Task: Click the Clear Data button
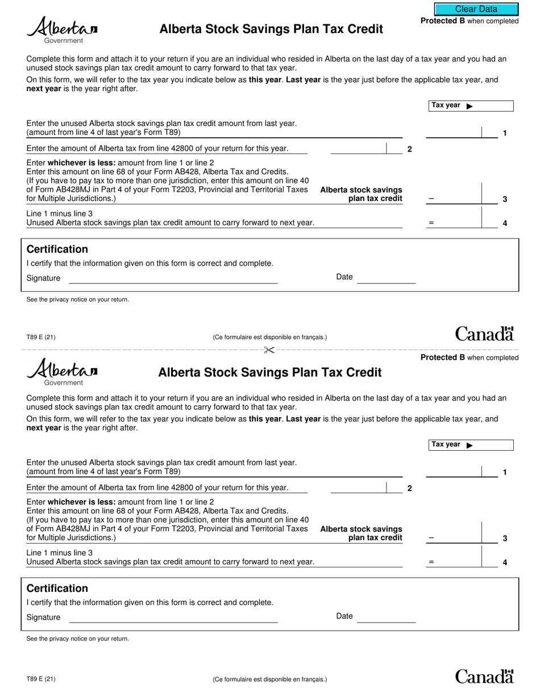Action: pos(476,9)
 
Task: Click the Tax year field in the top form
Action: pos(492,106)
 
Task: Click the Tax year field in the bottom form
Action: pos(492,445)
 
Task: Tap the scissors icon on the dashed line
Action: pos(269,350)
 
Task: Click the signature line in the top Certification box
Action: pos(173,278)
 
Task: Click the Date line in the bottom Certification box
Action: pos(386,617)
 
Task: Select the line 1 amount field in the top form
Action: pos(454,133)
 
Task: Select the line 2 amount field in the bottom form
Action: pos(358,488)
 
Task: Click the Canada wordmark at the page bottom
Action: pos(484,676)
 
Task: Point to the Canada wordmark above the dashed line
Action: pos(484,333)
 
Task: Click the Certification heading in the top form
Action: pos(57,249)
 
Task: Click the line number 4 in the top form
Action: pos(505,223)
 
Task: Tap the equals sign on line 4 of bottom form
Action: pos(431,562)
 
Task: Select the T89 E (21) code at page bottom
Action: pos(41,679)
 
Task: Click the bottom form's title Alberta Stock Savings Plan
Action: pos(269,373)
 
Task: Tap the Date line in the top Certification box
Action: pos(386,278)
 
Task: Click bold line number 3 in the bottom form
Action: pos(505,538)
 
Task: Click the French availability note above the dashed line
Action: pos(269,337)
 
